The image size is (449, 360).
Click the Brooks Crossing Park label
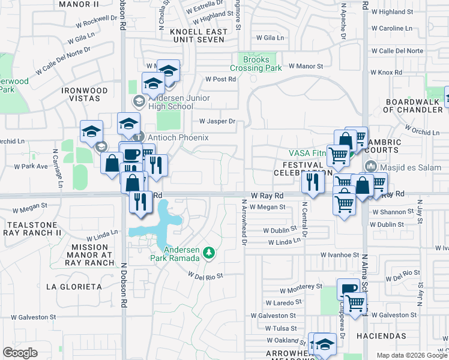pos(256,64)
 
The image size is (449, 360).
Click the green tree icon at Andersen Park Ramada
pos(208,252)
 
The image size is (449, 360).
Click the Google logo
pos(20,353)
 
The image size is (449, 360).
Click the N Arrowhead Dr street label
pos(244,223)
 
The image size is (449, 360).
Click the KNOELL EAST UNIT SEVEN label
pos(198,35)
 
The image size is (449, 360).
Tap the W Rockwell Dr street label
pos(95,24)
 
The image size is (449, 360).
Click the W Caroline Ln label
pos(392,28)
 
